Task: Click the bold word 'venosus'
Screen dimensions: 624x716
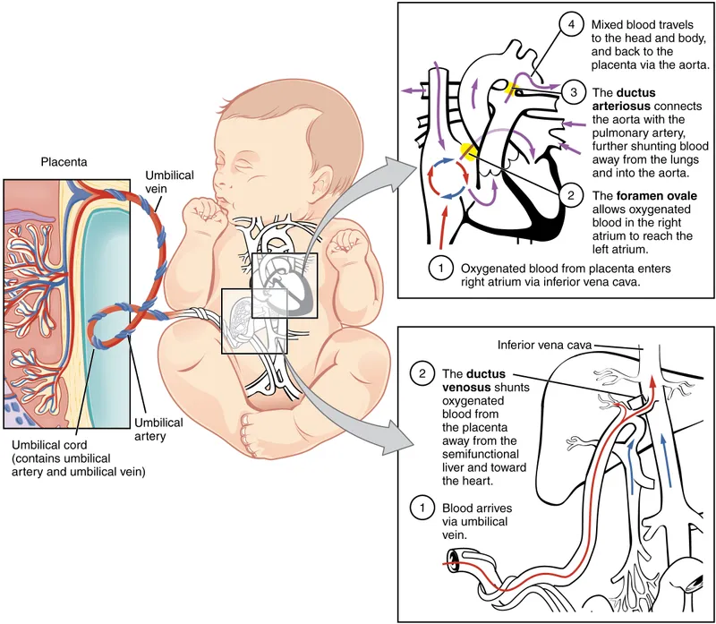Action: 470,386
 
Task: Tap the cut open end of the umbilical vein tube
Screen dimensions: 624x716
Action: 455,562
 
